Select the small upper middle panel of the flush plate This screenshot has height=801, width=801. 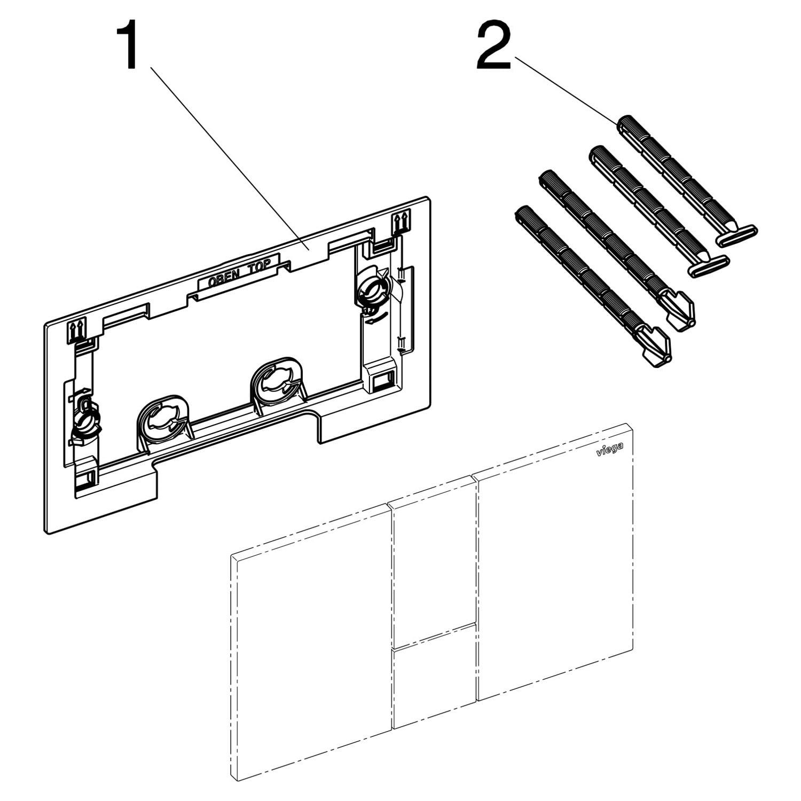click(434, 561)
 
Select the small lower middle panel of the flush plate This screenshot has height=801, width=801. click(434, 676)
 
